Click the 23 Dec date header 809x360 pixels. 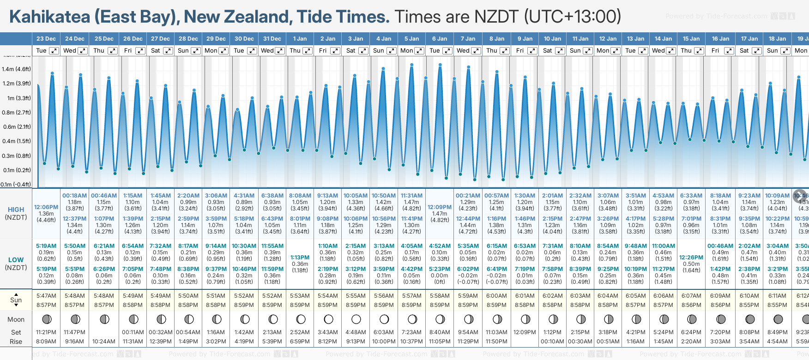coord(46,39)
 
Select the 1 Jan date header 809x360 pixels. coord(300,39)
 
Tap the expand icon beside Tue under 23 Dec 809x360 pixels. coord(54,51)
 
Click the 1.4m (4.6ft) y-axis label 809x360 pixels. coord(16,69)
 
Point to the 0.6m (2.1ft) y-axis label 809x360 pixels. coord(16,127)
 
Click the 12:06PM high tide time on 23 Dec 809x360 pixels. coord(46,207)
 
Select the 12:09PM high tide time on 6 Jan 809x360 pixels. coord(440,207)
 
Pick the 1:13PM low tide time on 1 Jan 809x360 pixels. coord(300,258)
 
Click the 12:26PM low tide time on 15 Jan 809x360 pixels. coord(691,258)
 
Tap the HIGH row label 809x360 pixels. coord(16,210)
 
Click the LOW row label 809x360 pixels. coord(16,260)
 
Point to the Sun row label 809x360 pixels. coord(16,300)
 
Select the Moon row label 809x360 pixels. coord(16,319)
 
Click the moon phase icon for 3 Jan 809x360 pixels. coord(356,319)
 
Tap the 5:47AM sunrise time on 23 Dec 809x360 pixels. coord(46,296)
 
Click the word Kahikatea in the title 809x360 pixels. coord(50,17)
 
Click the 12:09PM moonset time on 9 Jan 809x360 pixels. coord(525,332)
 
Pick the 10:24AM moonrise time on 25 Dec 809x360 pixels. coord(104,342)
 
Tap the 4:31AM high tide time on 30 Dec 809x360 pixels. coord(244,196)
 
